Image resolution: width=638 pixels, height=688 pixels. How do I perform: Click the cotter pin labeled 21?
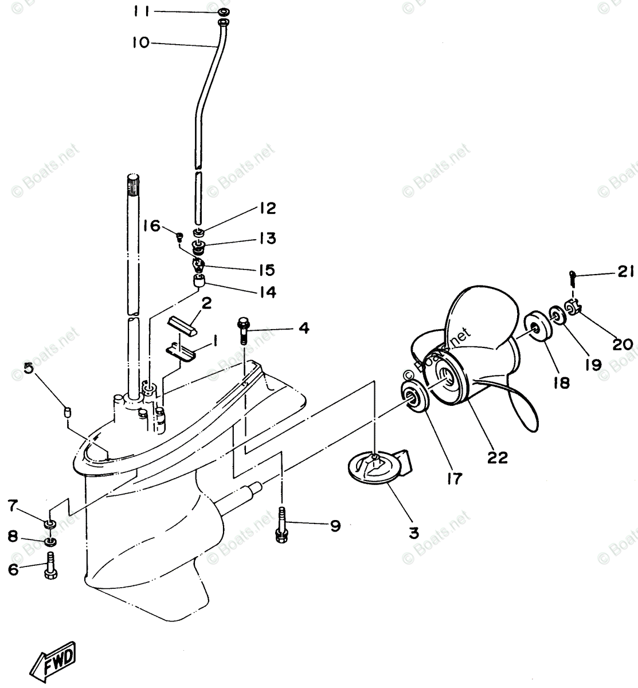click(x=572, y=278)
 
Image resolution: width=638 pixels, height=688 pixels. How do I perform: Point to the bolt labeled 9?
click(x=281, y=524)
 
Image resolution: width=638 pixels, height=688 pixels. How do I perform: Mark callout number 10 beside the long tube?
click(x=140, y=42)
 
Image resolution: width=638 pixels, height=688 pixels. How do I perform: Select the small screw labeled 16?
click(x=179, y=234)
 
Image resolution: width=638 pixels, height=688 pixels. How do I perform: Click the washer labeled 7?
click(x=50, y=523)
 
